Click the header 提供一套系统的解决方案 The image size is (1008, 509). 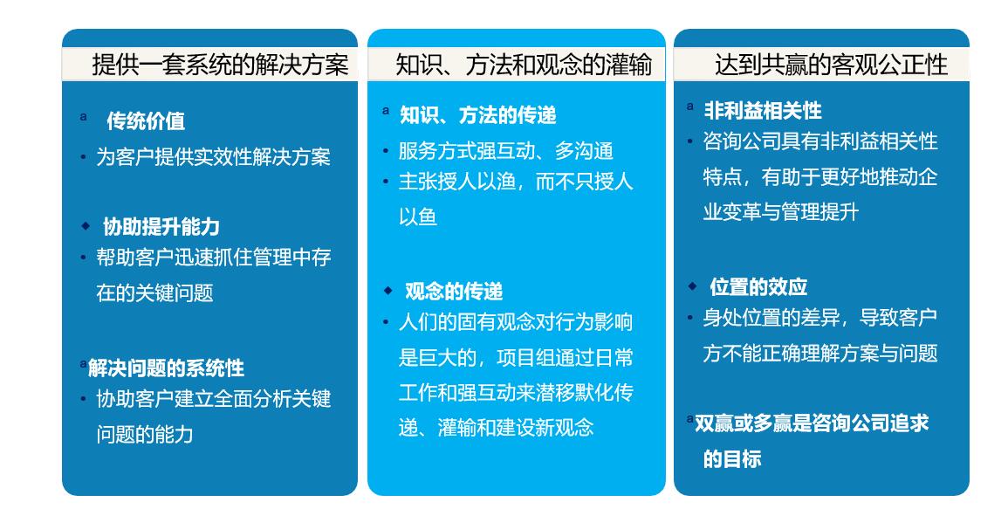220,65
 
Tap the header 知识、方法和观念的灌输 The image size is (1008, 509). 524,65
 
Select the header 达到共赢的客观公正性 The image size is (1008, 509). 831,65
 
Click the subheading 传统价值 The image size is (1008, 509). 146,121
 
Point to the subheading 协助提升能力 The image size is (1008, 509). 161,226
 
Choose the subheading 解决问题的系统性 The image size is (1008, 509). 167,368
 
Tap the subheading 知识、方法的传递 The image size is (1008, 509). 478,115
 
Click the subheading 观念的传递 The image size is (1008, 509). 454,292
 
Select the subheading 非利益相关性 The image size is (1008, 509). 763,111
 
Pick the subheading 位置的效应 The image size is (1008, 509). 758,287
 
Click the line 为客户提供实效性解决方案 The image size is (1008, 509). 214,157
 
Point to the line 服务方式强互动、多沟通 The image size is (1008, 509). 506,151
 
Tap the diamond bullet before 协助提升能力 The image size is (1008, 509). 86,226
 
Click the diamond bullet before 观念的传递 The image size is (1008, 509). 387,291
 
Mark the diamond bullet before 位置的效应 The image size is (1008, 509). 692,285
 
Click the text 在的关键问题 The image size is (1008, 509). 155,292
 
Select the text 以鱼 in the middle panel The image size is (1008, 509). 418,217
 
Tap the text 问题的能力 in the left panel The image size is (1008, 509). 145,435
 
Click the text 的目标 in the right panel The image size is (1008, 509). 732,459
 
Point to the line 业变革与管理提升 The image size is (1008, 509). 781,211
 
